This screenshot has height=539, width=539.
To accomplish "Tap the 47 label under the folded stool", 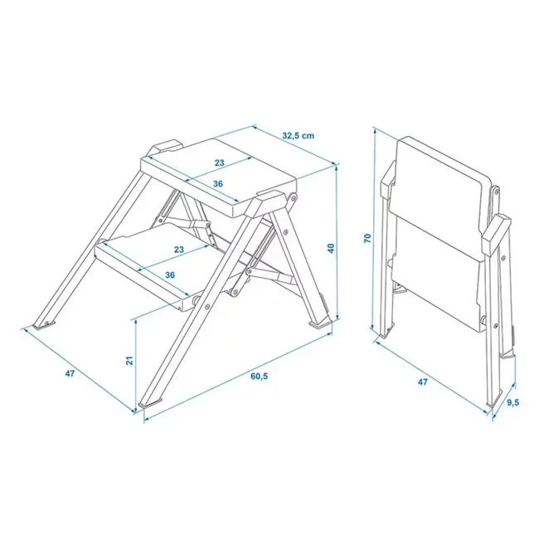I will (x=423, y=383).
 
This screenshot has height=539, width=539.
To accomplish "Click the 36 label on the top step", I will (x=218, y=184).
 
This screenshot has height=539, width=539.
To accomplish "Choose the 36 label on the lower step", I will (x=170, y=274).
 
